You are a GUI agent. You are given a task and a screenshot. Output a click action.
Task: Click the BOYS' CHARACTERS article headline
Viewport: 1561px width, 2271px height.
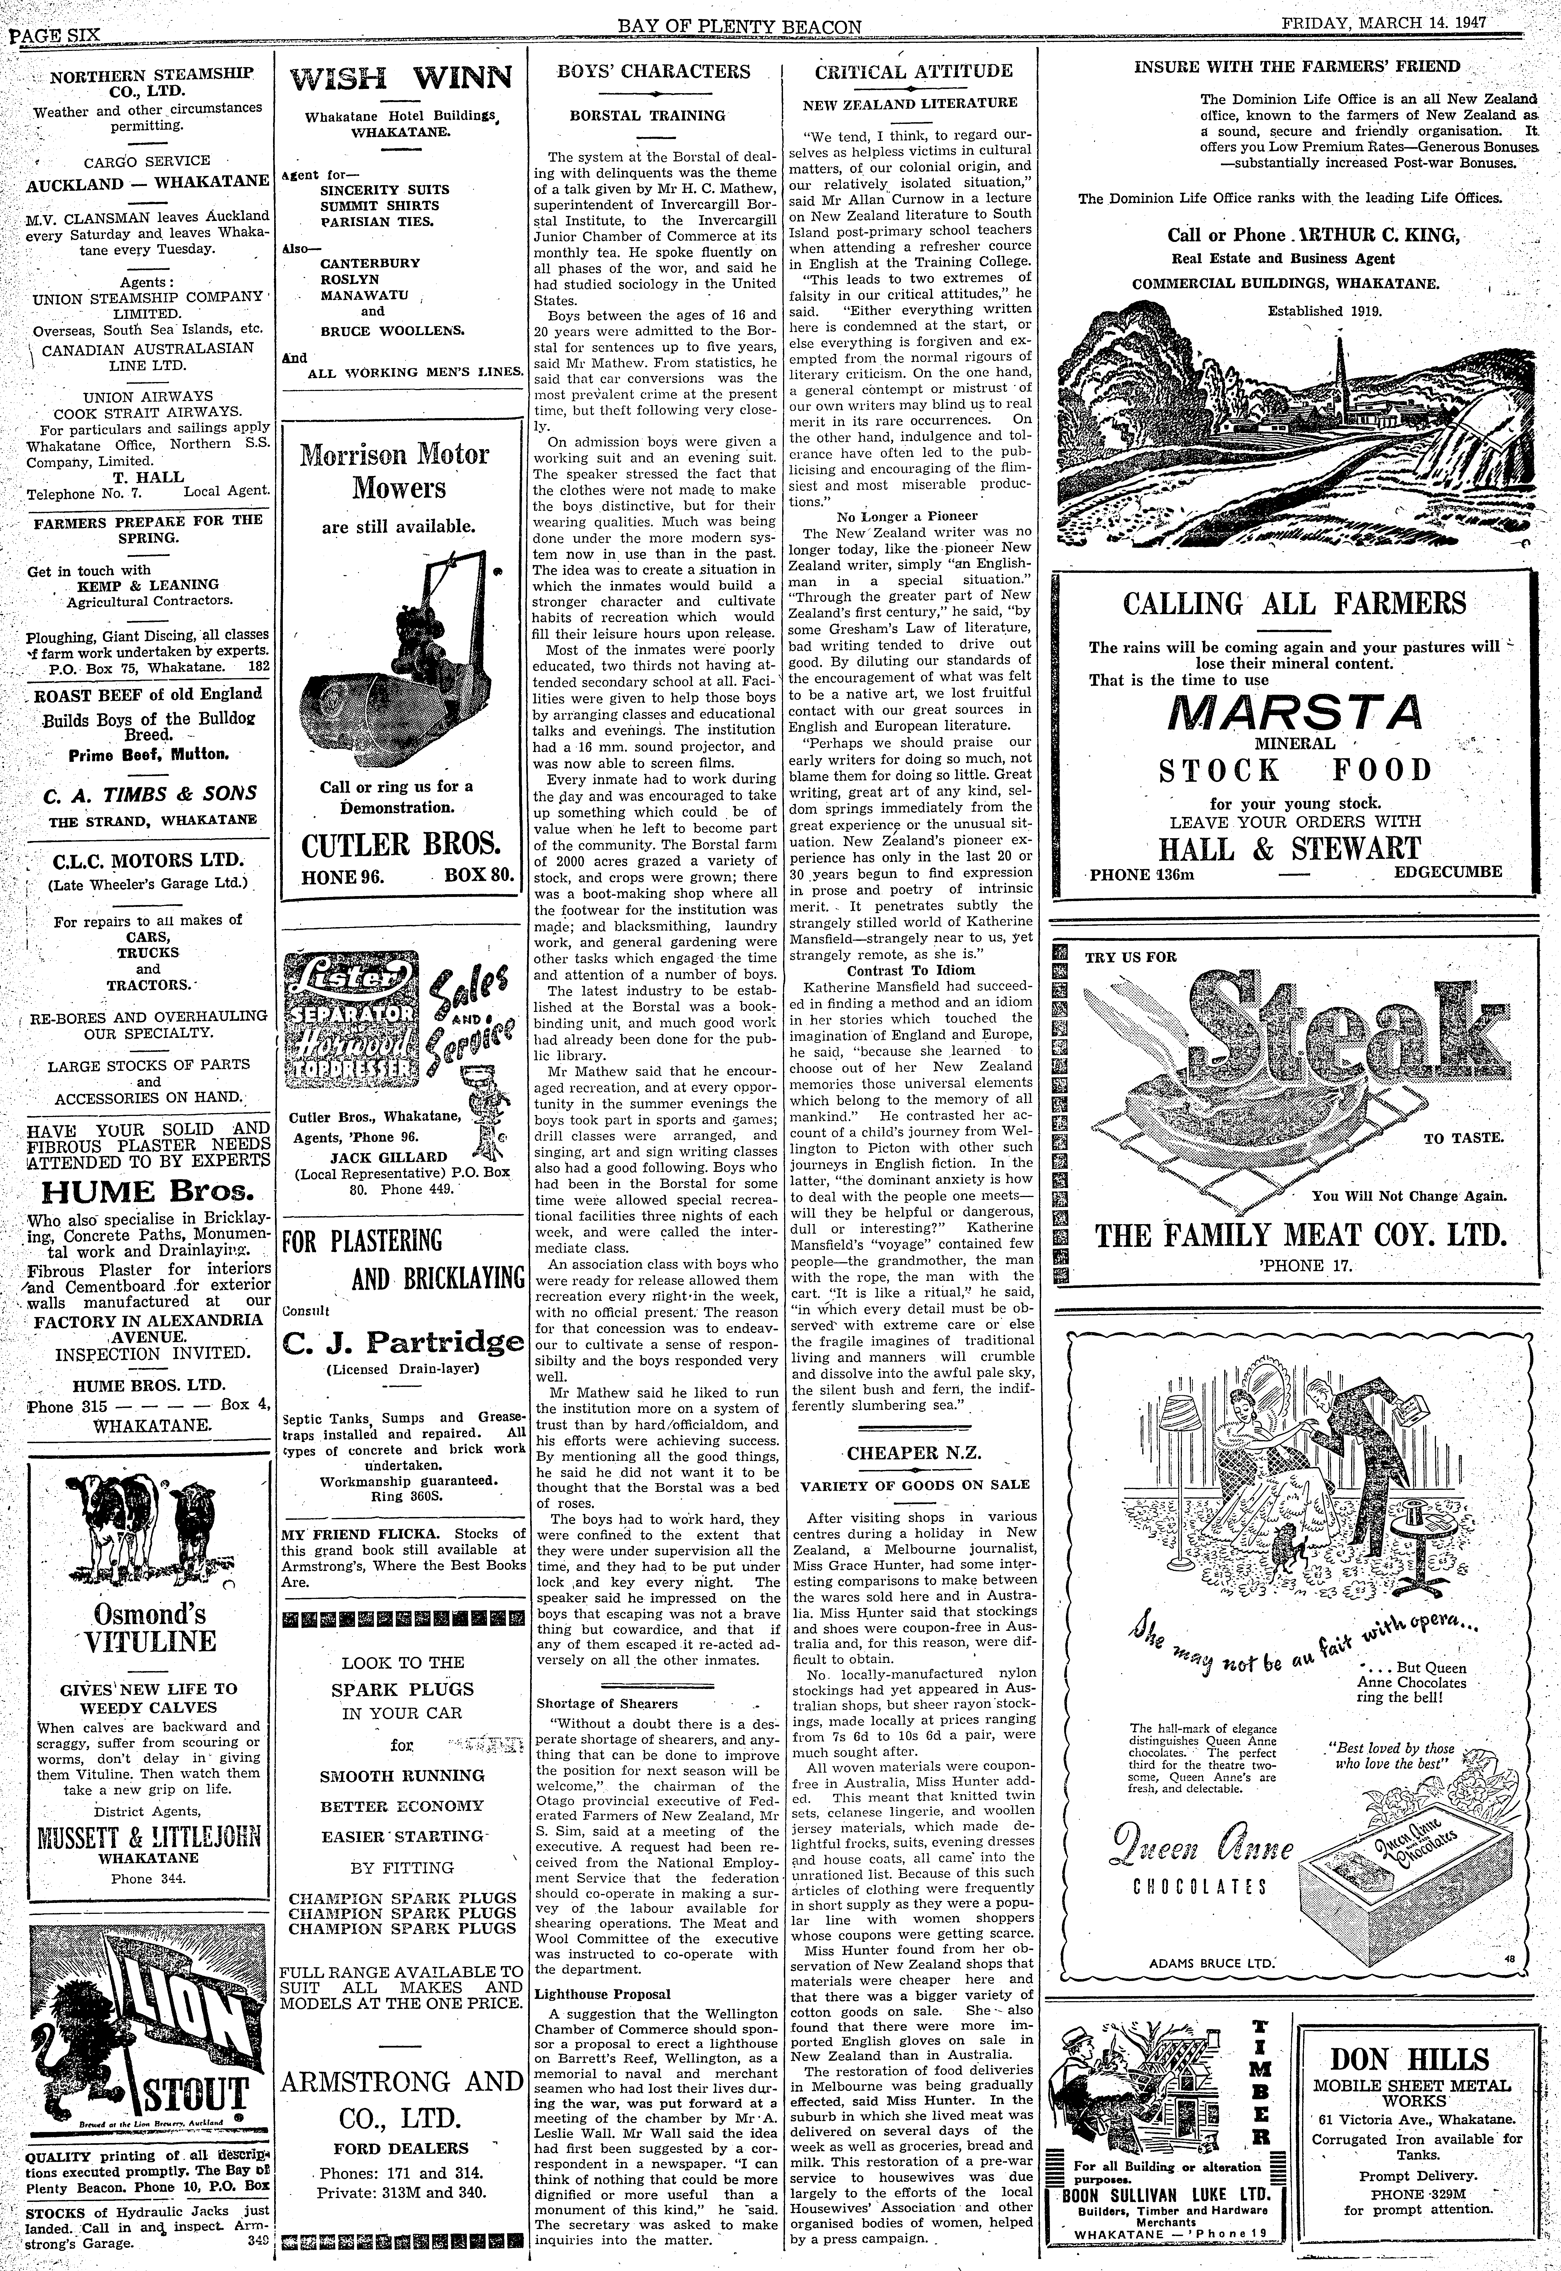(653, 71)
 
